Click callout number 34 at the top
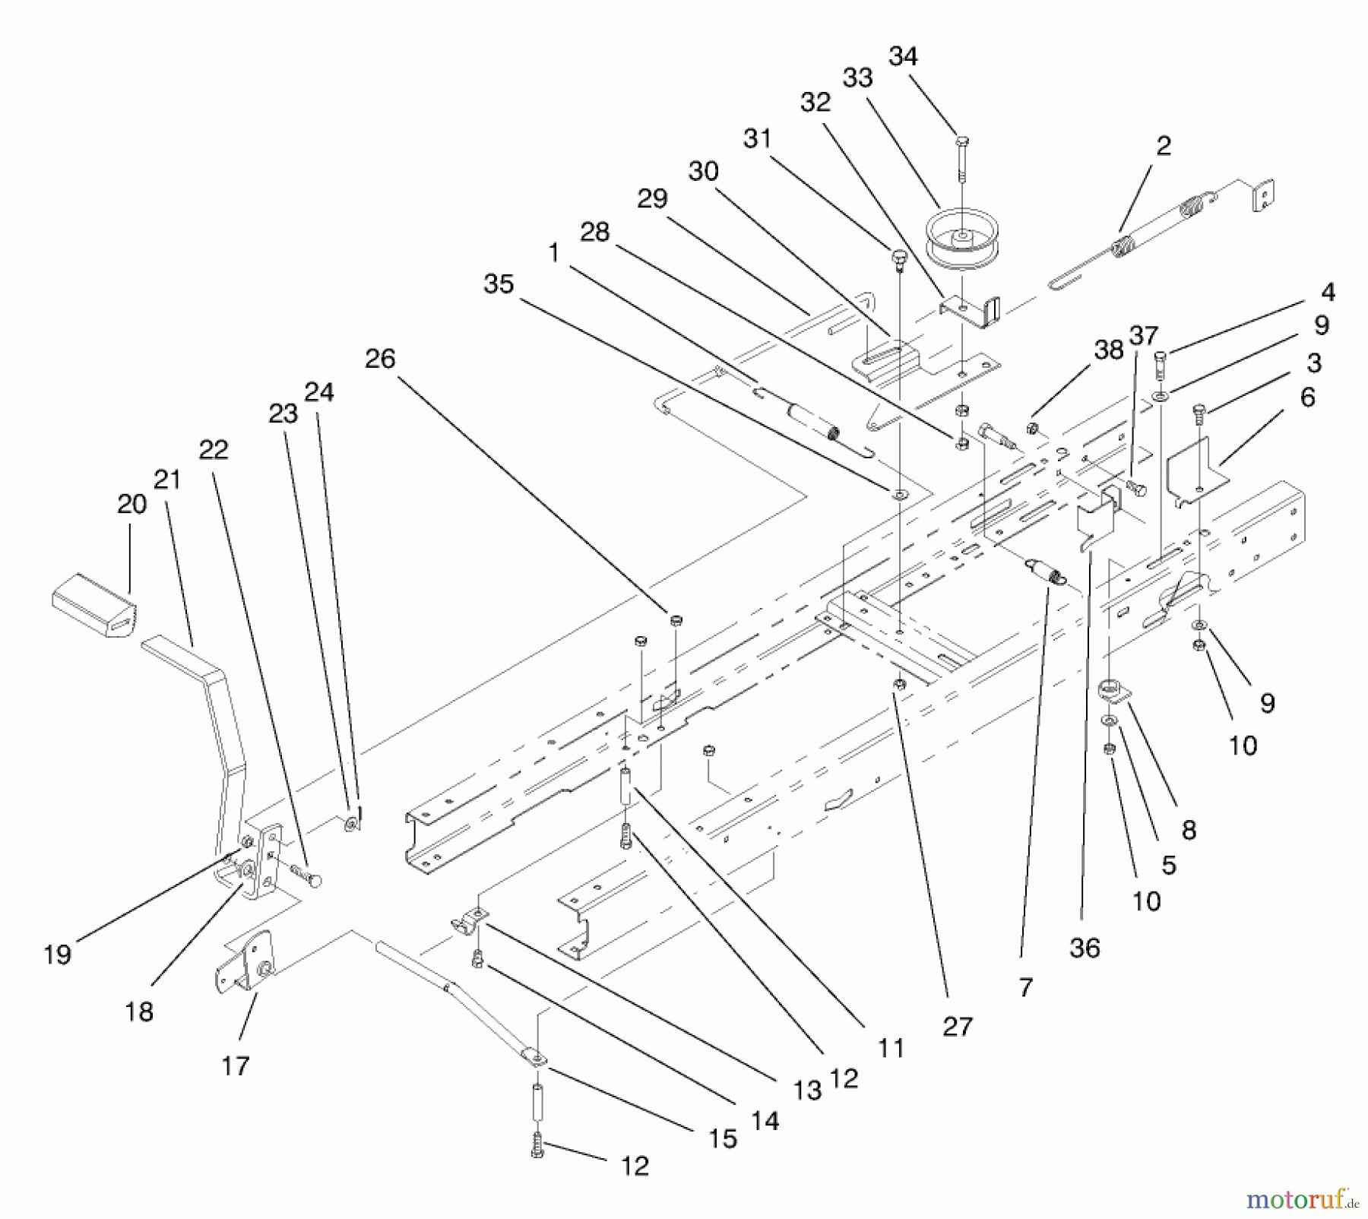coord(903,56)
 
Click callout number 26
coord(380,359)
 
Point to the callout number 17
coord(236,1065)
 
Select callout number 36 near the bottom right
coord(1085,948)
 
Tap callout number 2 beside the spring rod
coord(1164,146)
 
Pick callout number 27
coord(957,1027)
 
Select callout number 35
coord(499,284)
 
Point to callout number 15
coord(723,1138)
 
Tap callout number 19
coord(58,955)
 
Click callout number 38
coord(1109,350)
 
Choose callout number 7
coord(1026,987)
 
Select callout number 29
coord(652,199)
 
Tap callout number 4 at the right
coord(1328,292)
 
